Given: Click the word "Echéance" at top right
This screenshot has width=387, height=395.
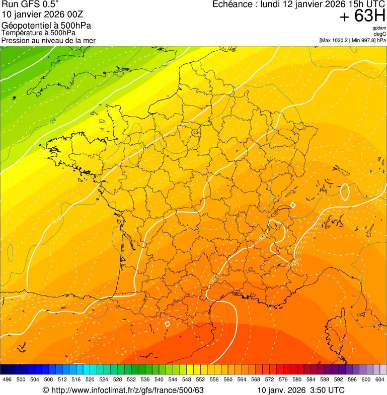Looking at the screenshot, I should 230,5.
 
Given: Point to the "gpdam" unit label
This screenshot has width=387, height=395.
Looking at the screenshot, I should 379,29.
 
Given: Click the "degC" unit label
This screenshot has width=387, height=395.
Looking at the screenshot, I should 380,34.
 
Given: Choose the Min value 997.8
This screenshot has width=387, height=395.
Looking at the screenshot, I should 366,40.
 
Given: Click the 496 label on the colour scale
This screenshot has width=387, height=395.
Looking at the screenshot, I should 7,380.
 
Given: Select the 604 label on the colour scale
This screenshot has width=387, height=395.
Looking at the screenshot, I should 380,380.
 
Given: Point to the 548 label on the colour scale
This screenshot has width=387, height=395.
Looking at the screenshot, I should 186,380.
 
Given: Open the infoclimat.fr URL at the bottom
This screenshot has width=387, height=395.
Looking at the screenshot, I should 127,390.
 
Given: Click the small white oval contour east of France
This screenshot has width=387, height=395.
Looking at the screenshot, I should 345,191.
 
